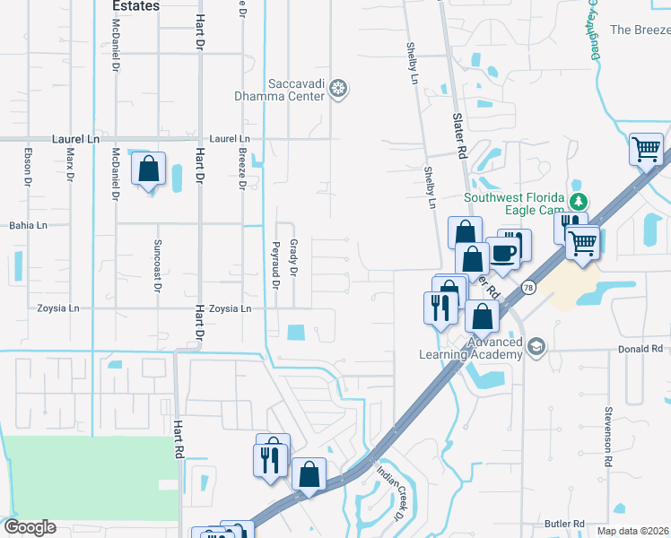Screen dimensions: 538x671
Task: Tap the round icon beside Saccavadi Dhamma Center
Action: click(x=338, y=88)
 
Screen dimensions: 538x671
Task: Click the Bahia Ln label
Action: click(x=28, y=225)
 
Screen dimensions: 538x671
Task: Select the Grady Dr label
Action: click(x=292, y=257)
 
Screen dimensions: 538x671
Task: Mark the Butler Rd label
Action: click(x=564, y=524)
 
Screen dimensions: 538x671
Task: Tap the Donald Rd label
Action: click(x=640, y=349)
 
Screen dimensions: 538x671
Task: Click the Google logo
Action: click(x=30, y=527)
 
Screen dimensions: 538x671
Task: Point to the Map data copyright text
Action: click(x=632, y=531)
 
